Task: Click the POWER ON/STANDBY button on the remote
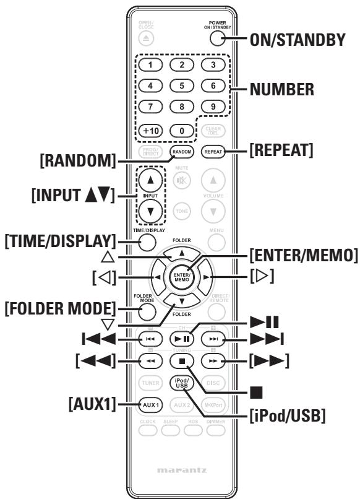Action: (216, 38)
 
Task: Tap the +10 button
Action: (148, 131)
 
